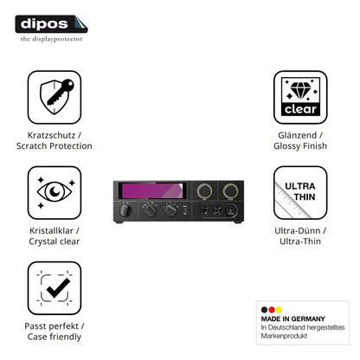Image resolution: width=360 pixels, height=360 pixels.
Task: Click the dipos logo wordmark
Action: [x=44, y=23]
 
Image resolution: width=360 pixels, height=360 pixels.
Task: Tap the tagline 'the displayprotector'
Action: [x=51, y=39]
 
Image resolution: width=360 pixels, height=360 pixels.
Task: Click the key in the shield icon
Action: [x=60, y=92]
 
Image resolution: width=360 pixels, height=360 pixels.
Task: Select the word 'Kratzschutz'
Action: [x=51, y=135]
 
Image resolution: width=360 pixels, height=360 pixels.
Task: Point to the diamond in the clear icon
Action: [x=301, y=89]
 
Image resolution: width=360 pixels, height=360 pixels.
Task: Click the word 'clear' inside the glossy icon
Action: [x=300, y=109]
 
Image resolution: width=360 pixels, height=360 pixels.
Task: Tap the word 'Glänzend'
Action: [x=298, y=135]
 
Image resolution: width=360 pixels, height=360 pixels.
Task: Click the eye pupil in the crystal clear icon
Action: [x=55, y=191]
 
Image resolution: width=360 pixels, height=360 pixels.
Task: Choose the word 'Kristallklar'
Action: [x=51, y=230]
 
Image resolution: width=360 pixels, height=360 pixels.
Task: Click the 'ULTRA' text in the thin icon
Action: [x=300, y=186]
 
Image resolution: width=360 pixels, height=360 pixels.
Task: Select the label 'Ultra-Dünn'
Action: [x=298, y=230]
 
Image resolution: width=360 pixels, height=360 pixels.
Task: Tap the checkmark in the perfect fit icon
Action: [x=58, y=288]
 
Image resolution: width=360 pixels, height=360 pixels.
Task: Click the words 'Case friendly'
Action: [x=55, y=337]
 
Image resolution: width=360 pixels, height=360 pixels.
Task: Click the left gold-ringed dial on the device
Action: [x=204, y=191]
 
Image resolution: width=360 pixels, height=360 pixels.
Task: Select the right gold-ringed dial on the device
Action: [x=230, y=191]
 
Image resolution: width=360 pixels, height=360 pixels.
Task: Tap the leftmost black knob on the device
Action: [x=125, y=210]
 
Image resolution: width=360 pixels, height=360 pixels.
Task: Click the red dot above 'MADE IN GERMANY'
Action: [x=272, y=310]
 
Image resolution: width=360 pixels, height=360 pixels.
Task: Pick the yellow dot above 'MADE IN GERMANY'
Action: [x=279, y=310]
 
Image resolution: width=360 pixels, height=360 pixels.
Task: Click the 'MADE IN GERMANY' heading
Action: [x=292, y=318]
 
